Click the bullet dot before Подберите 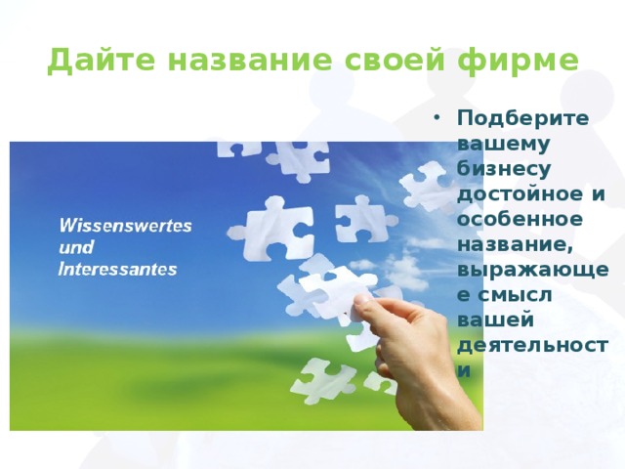[437, 118]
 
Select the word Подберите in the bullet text [522, 118]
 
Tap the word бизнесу [504, 169]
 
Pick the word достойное [520, 194]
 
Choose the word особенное [520, 219]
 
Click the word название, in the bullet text [515, 245]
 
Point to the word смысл [515, 295]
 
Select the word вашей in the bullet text [495, 320]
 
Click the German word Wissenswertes [126, 226]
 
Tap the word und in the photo [76, 247]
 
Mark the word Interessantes [117, 269]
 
